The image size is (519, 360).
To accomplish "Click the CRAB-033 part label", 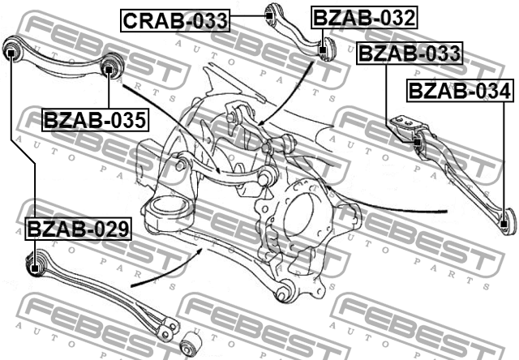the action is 175,20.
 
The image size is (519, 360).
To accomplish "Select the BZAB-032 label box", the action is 364,18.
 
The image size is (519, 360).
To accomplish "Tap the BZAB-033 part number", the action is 410,53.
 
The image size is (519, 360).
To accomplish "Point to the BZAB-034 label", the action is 460,91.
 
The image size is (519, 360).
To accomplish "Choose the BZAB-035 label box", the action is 95,120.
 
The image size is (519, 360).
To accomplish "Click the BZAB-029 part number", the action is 78,229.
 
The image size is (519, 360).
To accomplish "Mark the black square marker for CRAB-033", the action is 269,15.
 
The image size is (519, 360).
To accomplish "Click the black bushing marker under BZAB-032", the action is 323,50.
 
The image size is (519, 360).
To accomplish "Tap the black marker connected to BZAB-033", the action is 417,142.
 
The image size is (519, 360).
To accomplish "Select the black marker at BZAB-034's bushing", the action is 504,224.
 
